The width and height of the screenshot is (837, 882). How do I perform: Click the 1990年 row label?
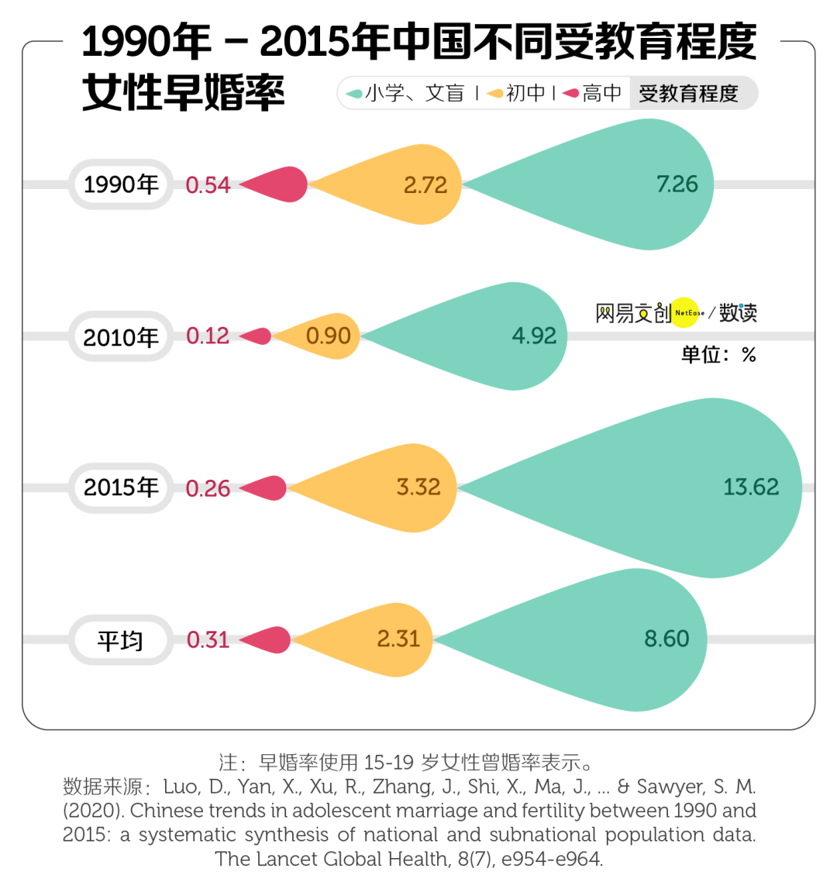121,184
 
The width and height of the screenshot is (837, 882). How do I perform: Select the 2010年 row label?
121,336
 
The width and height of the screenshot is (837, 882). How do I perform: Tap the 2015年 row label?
121,488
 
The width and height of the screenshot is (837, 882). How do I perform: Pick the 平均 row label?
121,640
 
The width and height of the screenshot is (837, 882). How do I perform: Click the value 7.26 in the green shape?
677,184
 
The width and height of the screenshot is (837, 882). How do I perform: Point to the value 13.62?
750,487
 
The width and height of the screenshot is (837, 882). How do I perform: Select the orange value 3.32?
418,488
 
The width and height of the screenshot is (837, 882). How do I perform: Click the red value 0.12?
208,336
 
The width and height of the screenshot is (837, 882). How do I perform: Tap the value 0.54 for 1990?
208,185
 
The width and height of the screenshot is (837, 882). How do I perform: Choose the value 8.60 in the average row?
666,639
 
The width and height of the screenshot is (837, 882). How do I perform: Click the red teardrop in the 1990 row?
284,184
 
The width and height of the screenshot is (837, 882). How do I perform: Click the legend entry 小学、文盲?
405,94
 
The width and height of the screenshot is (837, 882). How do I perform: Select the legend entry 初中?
518,94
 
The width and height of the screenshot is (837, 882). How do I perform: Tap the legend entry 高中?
593,94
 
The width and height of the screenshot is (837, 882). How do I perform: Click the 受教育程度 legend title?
688,94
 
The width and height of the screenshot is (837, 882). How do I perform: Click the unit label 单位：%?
718,355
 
